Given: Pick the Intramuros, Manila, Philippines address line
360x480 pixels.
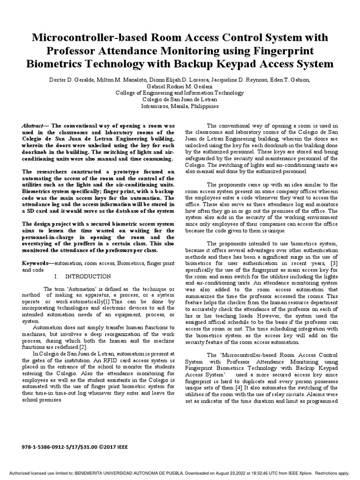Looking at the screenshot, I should click(180, 106).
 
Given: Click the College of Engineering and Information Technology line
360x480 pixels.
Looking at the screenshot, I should click(180, 93).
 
